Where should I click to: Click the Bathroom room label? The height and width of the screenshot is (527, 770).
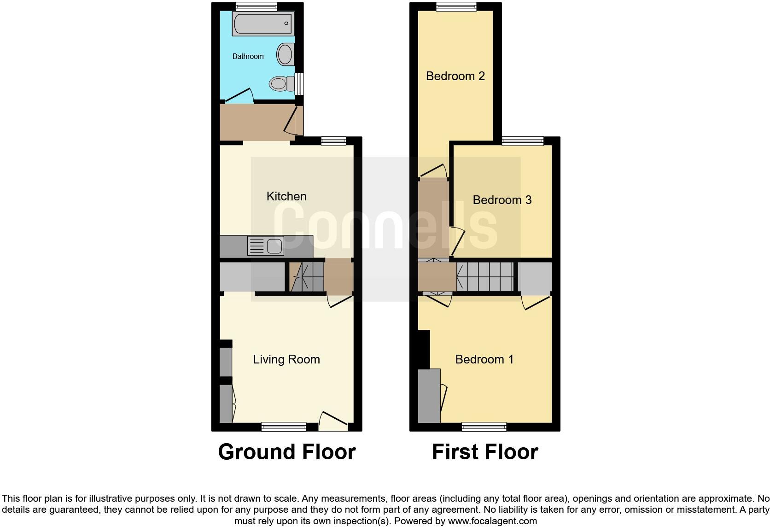248,56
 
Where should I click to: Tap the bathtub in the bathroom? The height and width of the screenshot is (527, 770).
263,23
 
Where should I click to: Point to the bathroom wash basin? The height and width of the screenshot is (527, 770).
286,54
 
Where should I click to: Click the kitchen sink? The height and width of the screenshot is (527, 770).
266,246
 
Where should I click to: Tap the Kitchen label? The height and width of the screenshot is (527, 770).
286,196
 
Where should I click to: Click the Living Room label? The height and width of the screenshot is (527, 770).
286,359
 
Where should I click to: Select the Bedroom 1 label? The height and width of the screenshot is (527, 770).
484,359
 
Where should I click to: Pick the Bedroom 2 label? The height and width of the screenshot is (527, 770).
455,76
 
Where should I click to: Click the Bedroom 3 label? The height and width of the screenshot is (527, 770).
502,200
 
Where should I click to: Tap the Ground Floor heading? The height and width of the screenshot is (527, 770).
286,452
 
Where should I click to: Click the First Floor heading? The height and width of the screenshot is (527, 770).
484,452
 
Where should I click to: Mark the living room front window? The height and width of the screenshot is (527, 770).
284,427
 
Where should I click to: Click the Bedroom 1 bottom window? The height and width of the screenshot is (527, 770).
484,427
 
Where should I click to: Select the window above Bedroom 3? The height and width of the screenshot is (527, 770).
522,141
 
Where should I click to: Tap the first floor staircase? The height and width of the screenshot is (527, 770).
484,277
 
